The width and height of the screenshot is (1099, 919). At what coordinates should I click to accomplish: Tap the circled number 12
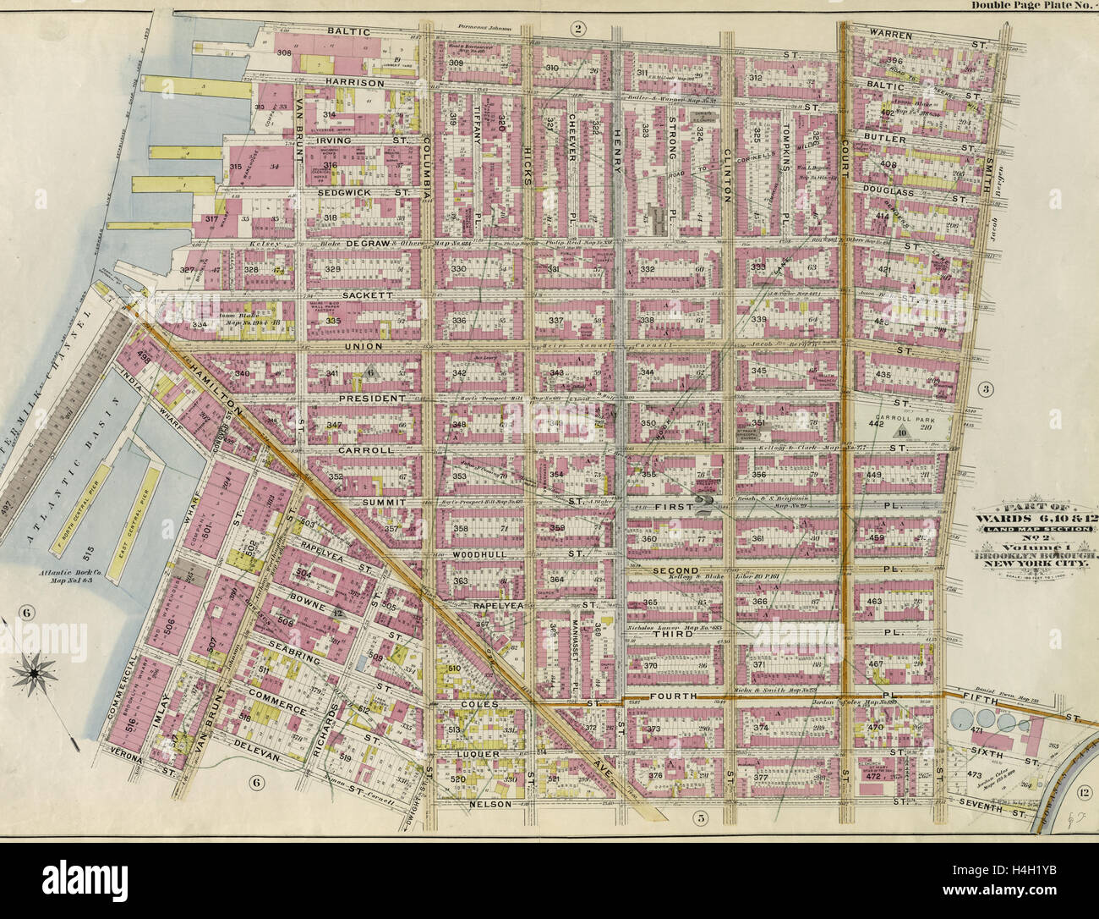coord(1083,790)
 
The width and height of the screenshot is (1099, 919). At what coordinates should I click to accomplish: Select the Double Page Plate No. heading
coord(1032,6)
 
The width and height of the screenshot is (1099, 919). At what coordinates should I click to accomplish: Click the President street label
coord(365,398)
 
